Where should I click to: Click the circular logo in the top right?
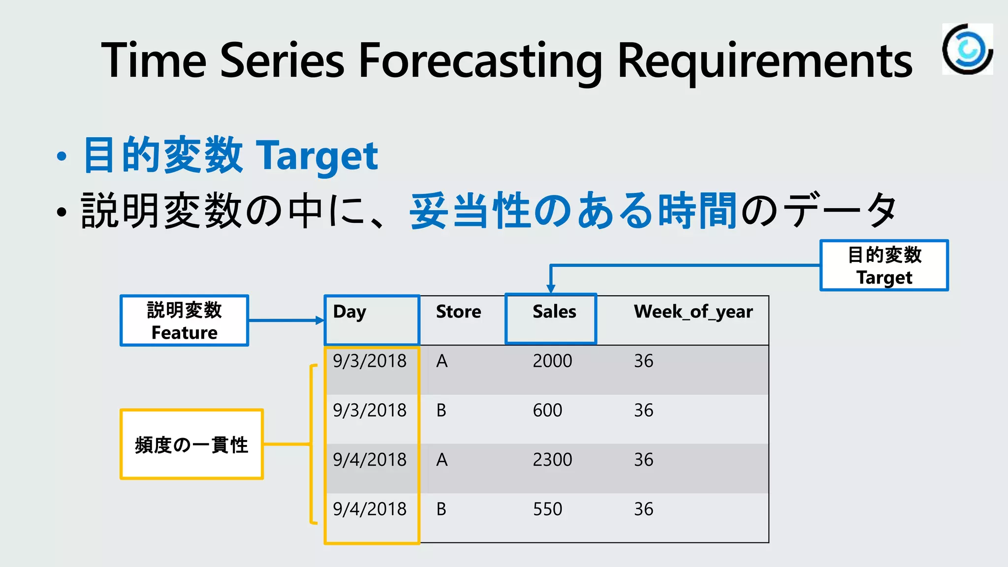(967, 49)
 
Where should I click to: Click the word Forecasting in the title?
(480, 61)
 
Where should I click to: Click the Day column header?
(349, 312)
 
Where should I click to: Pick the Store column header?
(458, 312)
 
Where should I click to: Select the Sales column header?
(554, 312)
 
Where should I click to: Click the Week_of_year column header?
(693, 312)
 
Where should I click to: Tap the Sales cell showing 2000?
(552, 361)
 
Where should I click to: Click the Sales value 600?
(547, 410)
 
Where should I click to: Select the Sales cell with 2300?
(552, 460)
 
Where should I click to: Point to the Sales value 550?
(547, 509)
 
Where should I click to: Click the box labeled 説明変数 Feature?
(185, 321)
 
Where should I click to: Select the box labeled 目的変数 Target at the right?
(884, 266)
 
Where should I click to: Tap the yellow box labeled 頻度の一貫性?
(191, 444)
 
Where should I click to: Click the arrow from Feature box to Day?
(285, 320)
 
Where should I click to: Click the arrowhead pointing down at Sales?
(551, 288)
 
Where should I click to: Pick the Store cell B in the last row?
(441, 509)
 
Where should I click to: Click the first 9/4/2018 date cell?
(370, 460)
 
